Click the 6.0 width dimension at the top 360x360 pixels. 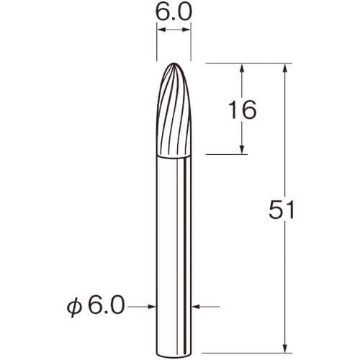(174, 12)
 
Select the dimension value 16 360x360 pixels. (243, 110)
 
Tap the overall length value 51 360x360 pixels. (282, 210)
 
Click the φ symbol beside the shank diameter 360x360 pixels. (73, 307)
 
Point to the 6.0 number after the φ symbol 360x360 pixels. (107, 305)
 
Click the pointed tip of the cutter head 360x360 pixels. (174, 63)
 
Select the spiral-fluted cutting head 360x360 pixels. (174, 109)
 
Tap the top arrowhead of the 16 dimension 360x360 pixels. (242, 68)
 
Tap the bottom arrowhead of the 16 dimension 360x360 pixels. (242, 150)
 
